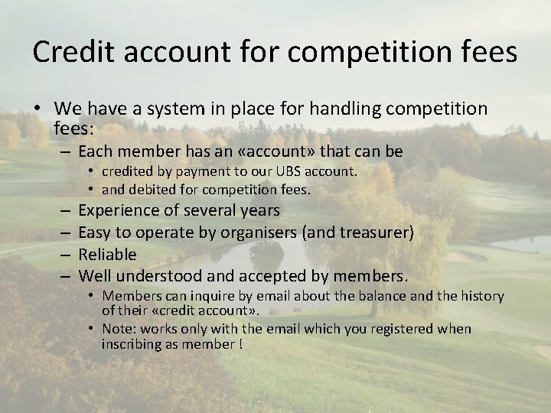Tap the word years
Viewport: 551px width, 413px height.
click(x=258, y=210)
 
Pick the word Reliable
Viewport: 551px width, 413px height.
click(x=107, y=254)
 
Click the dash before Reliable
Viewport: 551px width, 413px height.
click(x=67, y=254)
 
